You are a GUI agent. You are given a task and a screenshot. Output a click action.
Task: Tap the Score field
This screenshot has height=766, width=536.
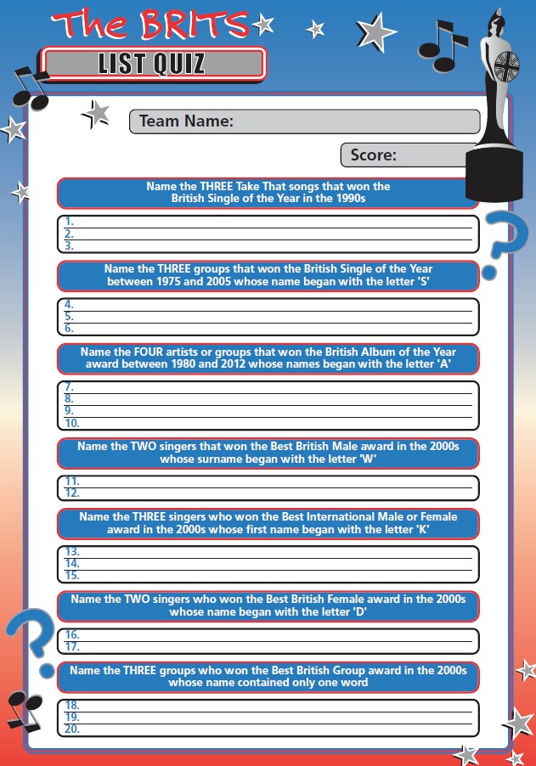[408, 155]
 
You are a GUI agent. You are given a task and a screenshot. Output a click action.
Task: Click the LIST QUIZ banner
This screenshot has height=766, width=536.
[154, 64]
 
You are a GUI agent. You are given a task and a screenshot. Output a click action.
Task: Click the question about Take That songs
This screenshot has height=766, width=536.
[268, 193]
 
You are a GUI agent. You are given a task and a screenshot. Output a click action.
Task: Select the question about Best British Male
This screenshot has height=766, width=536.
[268, 453]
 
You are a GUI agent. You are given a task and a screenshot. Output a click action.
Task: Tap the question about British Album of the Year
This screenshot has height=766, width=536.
[268, 358]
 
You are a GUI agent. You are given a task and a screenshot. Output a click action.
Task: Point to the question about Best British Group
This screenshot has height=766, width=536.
[268, 676]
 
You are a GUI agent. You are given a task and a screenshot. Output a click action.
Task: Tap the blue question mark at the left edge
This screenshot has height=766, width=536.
[31, 641]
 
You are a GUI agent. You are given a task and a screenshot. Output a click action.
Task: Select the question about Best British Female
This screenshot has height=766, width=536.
[268, 605]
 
